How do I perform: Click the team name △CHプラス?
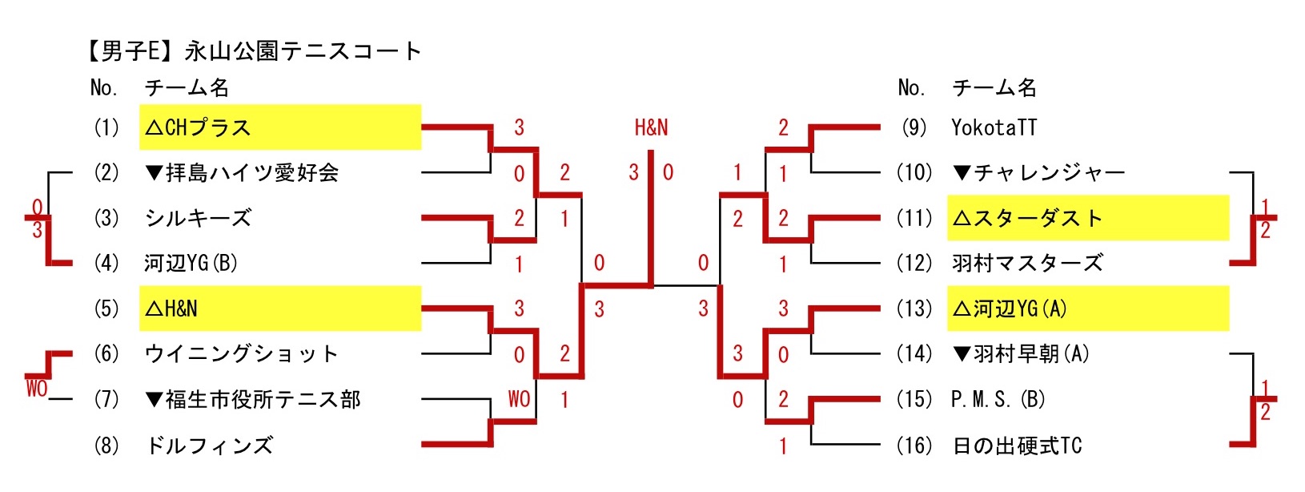pyautogui.click(x=199, y=127)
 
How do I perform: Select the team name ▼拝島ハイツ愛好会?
pyautogui.click(x=242, y=173)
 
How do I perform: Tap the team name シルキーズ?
pyautogui.click(x=198, y=218)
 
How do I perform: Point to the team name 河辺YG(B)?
pyautogui.click(x=191, y=263)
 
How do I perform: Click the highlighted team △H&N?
pyautogui.click(x=171, y=309)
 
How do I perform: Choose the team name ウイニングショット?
pyautogui.click(x=241, y=353)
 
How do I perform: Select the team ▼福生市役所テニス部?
pyautogui.click(x=253, y=399)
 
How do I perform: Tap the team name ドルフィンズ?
pyautogui.click(x=209, y=445)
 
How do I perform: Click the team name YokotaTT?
pyautogui.click(x=994, y=127)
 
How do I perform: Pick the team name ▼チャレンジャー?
pyautogui.click(x=1038, y=173)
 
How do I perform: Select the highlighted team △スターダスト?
pyautogui.click(x=1028, y=218)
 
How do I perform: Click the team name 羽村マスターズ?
pyautogui.click(x=1027, y=263)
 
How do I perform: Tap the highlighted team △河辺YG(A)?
pyautogui.click(x=1010, y=309)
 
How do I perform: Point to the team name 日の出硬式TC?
pyautogui.click(x=1017, y=445)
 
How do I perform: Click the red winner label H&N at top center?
pyautogui.click(x=651, y=127)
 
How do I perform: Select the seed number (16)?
pyautogui.click(x=913, y=445)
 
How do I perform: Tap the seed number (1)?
pyautogui.click(x=106, y=127)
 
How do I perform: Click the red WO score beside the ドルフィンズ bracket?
pyautogui.click(x=519, y=399)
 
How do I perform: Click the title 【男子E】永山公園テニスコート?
pyautogui.click(x=252, y=51)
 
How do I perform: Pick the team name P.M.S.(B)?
pyautogui.click(x=998, y=399)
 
